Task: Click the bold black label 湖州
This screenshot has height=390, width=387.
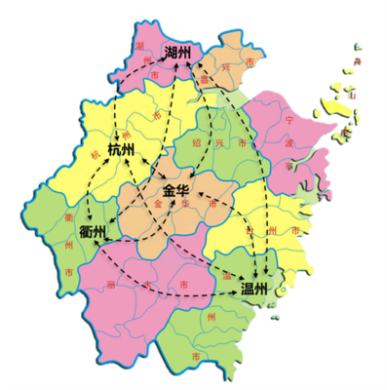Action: (177, 52)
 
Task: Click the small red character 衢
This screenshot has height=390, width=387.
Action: (67, 215)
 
